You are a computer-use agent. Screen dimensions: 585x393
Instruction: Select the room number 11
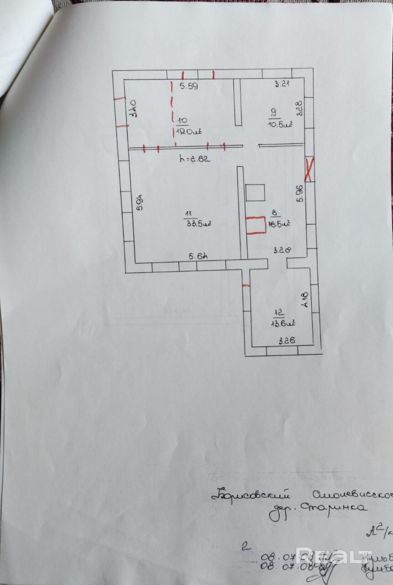188,213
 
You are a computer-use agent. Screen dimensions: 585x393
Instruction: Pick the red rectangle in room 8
256,225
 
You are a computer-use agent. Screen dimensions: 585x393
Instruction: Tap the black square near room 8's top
255,192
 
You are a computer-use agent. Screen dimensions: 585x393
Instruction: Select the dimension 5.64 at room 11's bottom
199,256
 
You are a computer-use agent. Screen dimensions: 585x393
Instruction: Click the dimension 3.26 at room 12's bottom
287,340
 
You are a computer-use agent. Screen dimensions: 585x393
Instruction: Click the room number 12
279,313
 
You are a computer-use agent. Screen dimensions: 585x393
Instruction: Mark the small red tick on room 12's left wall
246,285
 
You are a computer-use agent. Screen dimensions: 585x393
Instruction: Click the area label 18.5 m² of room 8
280,223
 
